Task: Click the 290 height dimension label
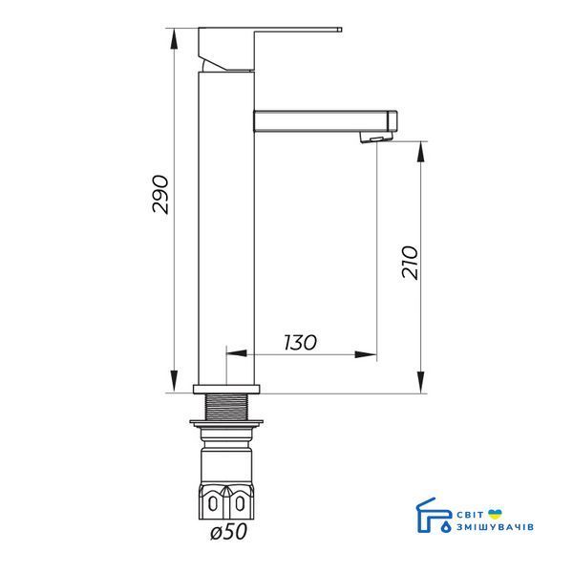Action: tap(160, 194)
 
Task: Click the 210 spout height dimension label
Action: tap(410, 263)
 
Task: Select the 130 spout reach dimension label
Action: tap(301, 343)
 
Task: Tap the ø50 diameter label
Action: tap(229, 531)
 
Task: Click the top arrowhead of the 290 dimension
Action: tap(175, 38)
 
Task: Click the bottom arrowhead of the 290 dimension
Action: tap(175, 382)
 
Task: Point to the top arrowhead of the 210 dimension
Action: tap(421, 152)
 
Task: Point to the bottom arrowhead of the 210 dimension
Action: tap(421, 383)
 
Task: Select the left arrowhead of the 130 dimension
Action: tap(237, 353)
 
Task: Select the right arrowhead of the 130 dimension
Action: tap(366, 354)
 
